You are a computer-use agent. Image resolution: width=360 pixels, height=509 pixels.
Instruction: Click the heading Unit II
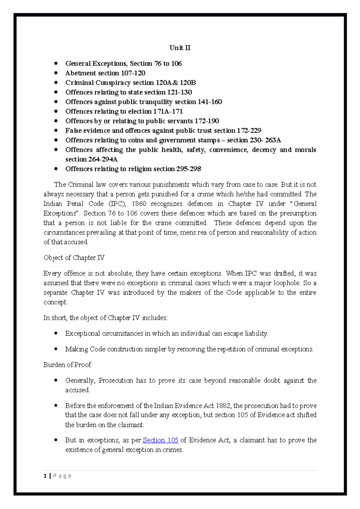[180, 48]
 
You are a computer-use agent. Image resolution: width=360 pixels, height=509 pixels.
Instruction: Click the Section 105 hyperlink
[160, 440]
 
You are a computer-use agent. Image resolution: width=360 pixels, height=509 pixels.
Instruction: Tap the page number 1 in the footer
[45, 476]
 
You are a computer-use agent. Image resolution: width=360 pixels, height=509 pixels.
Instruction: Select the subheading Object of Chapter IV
[74, 258]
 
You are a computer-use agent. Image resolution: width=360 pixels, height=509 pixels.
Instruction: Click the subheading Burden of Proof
[67, 365]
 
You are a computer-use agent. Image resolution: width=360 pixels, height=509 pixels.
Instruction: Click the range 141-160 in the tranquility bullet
[210, 102]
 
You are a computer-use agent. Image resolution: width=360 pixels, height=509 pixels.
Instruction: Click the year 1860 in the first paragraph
[139, 204]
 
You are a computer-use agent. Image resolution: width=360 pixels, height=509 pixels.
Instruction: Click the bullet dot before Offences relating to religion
[56, 169]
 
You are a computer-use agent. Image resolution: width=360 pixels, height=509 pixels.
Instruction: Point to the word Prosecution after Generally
[115, 380]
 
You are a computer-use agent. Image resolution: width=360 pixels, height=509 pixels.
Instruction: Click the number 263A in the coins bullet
[273, 140]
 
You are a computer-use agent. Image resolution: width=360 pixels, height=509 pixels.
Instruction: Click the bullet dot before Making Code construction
[56, 349]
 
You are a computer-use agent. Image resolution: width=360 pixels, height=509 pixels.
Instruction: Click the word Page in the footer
[62, 476]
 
